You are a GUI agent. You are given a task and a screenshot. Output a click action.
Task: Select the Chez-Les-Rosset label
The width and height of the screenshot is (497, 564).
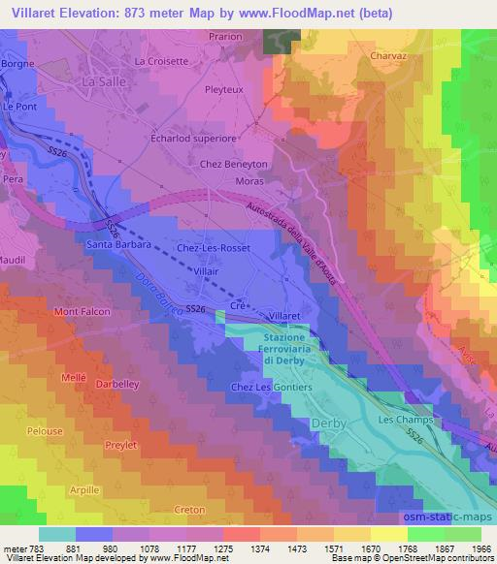tap(213, 248)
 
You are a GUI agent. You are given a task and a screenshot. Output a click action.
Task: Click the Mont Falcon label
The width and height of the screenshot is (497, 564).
tap(83, 312)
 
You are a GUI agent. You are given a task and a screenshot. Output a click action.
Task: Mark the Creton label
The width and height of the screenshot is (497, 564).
tap(189, 510)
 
